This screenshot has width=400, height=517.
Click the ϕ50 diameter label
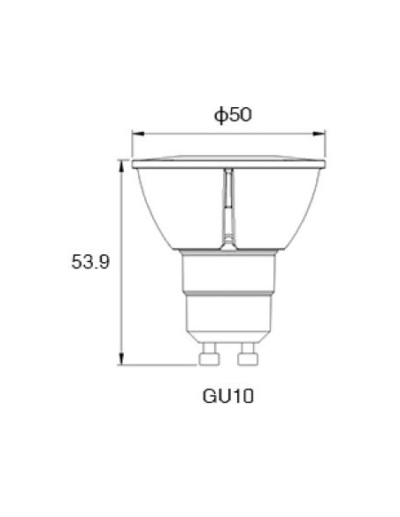pos(228,115)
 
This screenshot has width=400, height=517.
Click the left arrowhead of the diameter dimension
pos(135,135)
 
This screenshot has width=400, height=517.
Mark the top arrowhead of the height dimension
pos(122,163)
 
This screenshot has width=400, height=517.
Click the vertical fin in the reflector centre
pos(228,204)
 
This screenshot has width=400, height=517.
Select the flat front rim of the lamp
pos(228,164)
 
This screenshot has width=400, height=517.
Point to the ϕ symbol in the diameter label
pos(218,115)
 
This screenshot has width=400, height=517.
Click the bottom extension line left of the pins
pos(159,364)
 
